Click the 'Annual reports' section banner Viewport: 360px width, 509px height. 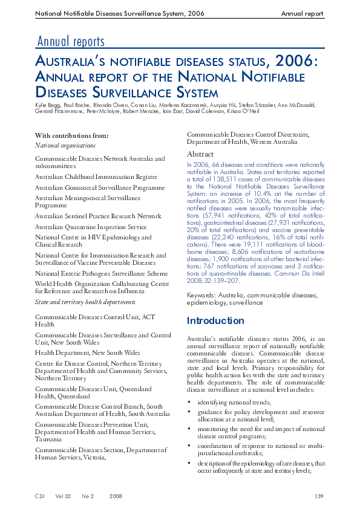71,42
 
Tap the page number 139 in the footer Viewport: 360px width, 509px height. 319,496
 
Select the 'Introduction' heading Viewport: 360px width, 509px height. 215,320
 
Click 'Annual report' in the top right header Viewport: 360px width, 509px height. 303,13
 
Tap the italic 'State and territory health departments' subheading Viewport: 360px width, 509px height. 85,302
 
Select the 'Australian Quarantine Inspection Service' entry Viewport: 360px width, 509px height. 91,227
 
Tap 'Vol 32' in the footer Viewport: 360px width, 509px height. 63,496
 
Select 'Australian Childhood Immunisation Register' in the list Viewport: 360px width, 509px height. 96,177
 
